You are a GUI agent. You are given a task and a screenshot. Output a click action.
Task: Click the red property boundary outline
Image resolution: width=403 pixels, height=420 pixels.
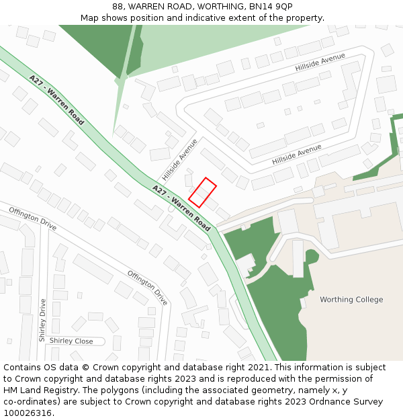tap(202, 192)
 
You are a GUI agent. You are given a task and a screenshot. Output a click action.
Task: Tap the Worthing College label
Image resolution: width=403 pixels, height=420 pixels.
tap(351, 300)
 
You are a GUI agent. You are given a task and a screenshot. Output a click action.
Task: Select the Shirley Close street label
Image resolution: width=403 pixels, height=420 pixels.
tap(71, 341)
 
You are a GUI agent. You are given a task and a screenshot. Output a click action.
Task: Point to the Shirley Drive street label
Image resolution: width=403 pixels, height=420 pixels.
tap(42, 321)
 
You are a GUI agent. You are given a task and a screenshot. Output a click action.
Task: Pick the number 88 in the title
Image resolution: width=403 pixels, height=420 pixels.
tap(119, 7)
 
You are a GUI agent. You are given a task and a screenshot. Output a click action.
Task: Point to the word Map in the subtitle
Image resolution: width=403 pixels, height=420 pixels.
tap(90, 18)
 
